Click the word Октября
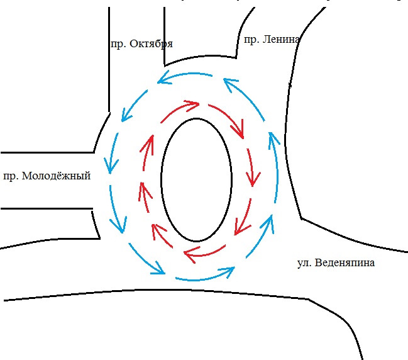click(151, 44)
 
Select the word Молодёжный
click(57, 176)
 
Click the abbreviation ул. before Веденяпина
click(304, 263)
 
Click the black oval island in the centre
click(197, 179)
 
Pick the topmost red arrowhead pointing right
click(196, 104)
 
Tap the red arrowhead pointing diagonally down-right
click(239, 132)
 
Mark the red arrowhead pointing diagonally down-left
click(238, 230)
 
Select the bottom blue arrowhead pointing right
click(229, 271)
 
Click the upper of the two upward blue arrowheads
click(272, 137)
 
